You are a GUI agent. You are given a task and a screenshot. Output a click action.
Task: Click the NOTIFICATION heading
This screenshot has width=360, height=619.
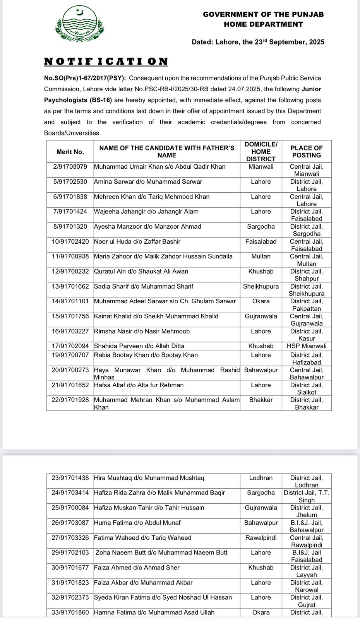pyautogui.click(x=106, y=62)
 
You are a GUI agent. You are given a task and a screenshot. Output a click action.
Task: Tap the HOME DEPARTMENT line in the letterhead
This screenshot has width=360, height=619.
pyautogui.click(x=263, y=24)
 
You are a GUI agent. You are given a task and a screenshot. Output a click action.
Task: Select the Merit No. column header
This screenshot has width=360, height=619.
pyautogui.click(x=70, y=152)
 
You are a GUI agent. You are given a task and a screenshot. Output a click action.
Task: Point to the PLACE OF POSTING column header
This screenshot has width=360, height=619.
pyautogui.click(x=307, y=152)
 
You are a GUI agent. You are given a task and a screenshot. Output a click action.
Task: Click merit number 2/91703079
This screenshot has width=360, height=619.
pyautogui.click(x=70, y=167)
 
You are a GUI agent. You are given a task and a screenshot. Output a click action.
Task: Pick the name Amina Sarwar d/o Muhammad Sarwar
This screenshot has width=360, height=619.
pyautogui.click(x=148, y=182)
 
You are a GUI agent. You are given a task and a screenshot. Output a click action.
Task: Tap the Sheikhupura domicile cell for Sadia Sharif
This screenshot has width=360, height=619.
pyautogui.click(x=261, y=287)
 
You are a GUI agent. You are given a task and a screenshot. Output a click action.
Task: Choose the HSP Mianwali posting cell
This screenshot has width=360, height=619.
pyautogui.click(x=307, y=346)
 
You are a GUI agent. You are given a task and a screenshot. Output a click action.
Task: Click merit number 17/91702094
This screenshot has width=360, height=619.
pyautogui.click(x=70, y=346)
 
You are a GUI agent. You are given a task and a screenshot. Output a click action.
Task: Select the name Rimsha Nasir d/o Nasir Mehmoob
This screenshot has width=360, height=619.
pyautogui.click(x=142, y=332)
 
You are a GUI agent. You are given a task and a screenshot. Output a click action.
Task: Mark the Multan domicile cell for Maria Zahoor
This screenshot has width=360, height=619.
pyautogui.click(x=261, y=256)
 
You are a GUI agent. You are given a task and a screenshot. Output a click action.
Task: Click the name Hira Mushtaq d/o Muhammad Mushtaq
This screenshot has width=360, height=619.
pyautogui.click(x=149, y=478)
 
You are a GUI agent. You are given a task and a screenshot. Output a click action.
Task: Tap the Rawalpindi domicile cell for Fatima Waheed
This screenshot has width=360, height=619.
pyautogui.click(x=261, y=538)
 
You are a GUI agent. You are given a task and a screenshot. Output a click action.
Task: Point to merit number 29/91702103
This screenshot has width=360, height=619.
pyautogui.click(x=70, y=553)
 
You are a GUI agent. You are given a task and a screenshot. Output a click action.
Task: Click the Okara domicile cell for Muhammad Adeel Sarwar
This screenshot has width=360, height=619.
pyautogui.click(x=261, y=301)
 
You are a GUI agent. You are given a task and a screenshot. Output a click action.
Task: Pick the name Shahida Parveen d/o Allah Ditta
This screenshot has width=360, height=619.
pyautogui.click(x=139, y=346)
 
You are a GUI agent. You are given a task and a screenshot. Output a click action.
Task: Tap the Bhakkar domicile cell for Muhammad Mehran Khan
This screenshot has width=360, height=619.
pyautogui.click(x=261, y=400)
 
